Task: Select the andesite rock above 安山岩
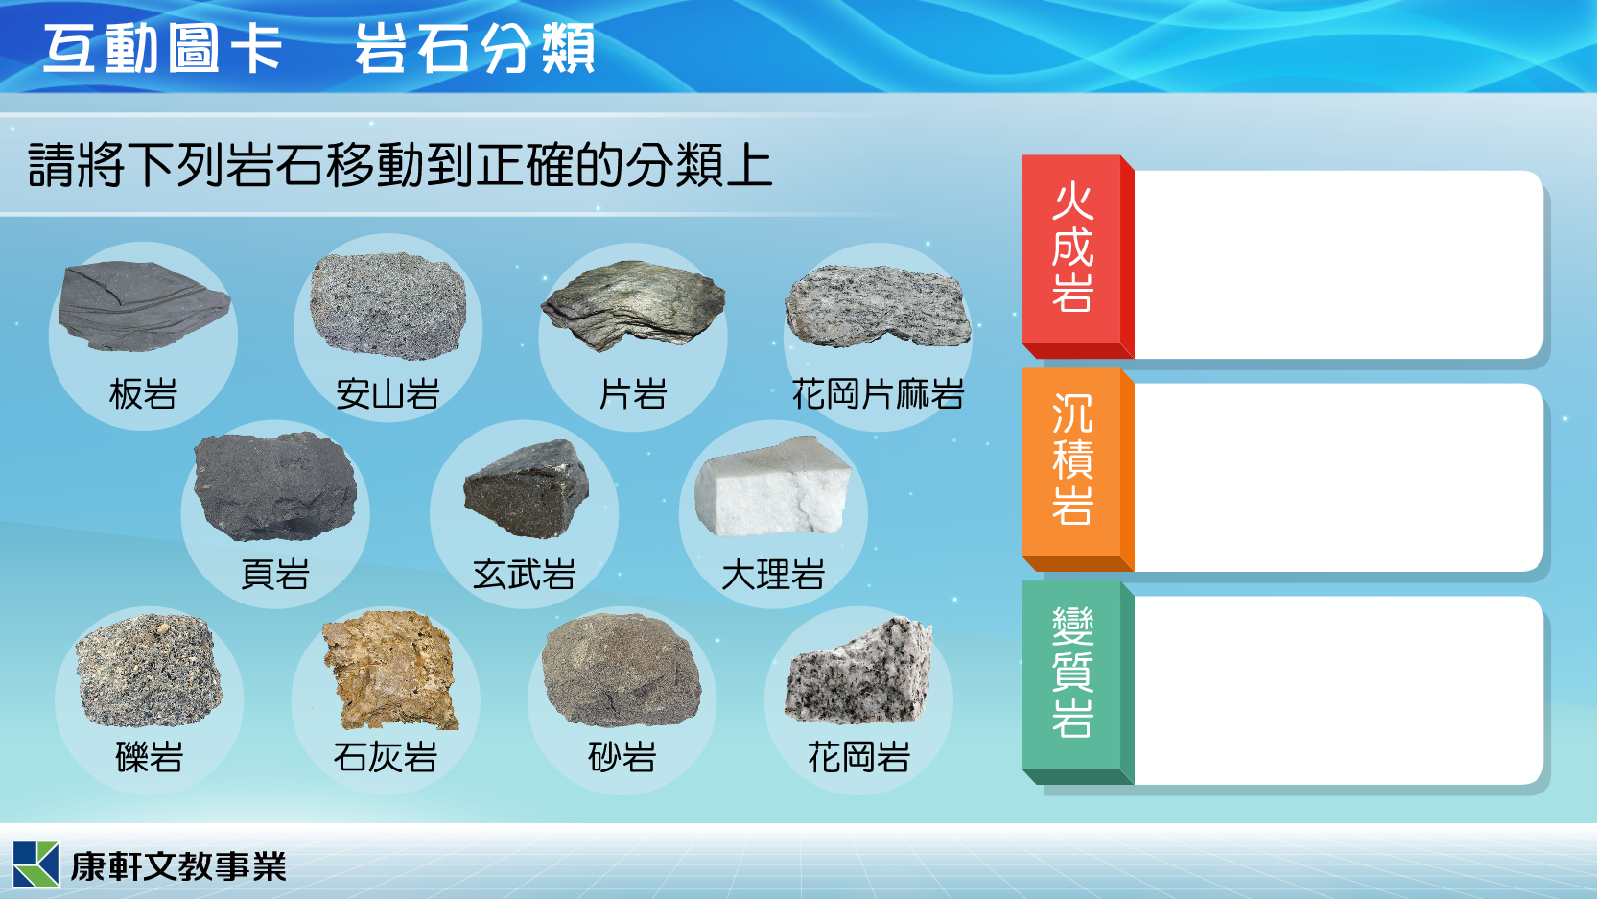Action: (x=388, y=306)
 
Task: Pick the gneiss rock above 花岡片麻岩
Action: (x=878, y=307)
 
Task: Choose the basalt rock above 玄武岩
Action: (x=527, y=489)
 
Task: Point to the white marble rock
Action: (x=773, y=486)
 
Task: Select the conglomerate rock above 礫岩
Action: (x=149, y=670)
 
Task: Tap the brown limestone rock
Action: (x=389, y=670)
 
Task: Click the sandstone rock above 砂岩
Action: (x=621, y=670)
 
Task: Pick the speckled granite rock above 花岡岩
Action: (x=858, y=670)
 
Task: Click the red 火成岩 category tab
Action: (x=1077, y=257)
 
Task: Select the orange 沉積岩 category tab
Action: (x=1077, y=470)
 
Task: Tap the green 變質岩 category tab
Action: (x=1077, y=683)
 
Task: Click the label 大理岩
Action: (x=773, y=575)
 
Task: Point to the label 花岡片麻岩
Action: (x=878, y=394)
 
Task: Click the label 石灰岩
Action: (x=385, y=756)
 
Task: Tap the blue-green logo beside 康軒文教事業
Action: (x=35, y=864)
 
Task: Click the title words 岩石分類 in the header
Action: (x=475, y=48)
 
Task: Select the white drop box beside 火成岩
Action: (x=1338, y=265)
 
